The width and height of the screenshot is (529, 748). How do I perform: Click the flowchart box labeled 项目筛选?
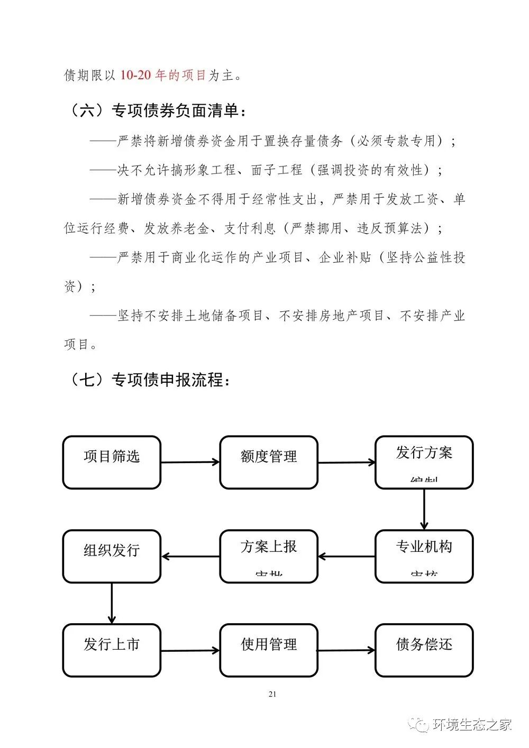112,462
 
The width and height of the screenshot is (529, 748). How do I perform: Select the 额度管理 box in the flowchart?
269,462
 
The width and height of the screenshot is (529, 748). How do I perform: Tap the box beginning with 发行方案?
424,462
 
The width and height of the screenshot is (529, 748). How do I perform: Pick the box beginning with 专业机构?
424,556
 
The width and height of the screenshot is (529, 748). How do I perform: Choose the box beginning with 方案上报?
269,556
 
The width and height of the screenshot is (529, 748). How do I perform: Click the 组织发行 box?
112,556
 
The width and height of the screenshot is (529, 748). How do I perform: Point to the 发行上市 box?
112,650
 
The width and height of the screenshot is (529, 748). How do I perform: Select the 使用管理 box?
269,650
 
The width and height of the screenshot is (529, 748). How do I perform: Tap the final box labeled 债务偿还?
424,650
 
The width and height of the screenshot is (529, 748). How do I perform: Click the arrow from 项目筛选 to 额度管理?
190,463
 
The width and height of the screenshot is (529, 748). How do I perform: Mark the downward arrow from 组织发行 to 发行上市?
112,603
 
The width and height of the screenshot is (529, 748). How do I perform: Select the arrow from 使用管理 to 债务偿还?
346,651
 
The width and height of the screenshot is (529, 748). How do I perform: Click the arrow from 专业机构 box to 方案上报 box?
346,557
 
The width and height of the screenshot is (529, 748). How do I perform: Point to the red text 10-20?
135,76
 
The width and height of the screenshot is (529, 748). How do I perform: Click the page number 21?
272,694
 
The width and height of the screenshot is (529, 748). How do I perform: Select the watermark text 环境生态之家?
472,725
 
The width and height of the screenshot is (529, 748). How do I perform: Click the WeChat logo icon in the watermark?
422,725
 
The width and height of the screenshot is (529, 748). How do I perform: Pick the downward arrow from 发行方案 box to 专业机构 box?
424,509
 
